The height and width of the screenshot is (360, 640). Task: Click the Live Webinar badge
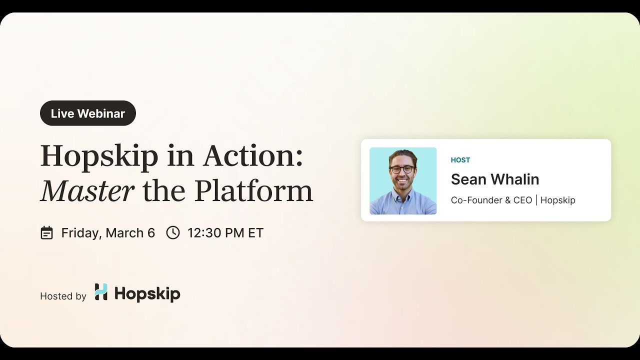pos(88,113)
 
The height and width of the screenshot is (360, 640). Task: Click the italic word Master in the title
pos(87,190)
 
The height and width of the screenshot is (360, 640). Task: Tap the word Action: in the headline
pos(252,156)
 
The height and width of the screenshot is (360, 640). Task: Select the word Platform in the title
pos(253,190)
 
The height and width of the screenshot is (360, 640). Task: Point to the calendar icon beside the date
pos(46,233)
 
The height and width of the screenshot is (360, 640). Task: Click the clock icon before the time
pos(173,232)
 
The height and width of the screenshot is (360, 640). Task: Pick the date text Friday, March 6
pos(108,233)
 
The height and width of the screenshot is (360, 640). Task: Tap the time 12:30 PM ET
pos(225,233)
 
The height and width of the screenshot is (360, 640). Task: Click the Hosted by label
pos(63,296)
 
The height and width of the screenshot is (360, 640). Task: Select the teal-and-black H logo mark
pos(101,292)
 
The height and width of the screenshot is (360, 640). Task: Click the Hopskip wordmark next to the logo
pos(147,293)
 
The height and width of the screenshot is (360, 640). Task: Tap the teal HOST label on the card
pos(460,160)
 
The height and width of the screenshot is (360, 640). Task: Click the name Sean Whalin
pos(495,179)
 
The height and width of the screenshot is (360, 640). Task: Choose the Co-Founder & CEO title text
pos(491,200)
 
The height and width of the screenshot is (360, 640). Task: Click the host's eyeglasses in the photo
pos(402,169)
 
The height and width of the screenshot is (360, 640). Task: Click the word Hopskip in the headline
pos(99,156)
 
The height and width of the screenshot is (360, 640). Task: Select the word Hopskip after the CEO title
pos(558,200)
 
